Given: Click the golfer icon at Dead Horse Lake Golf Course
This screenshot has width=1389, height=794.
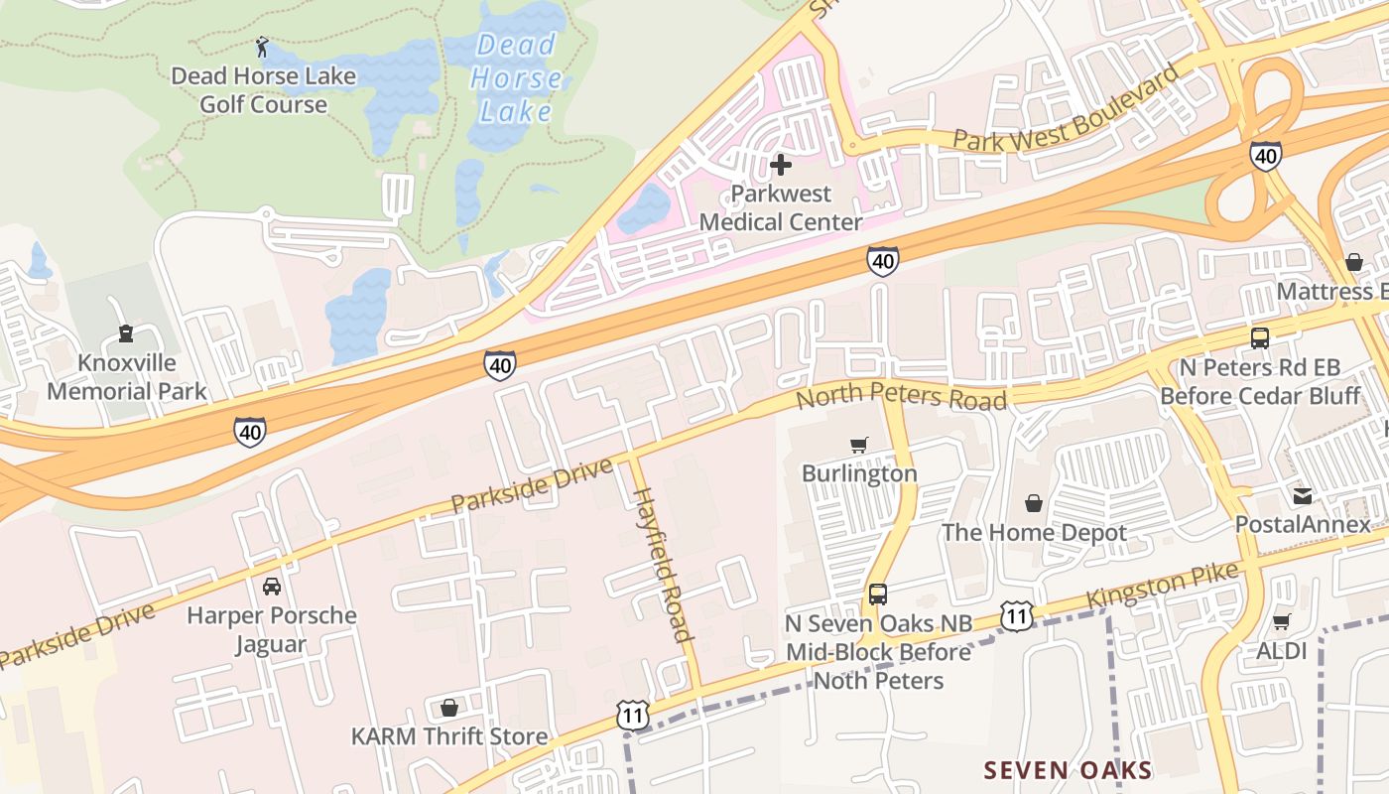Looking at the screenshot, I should pyautogui.click(x=262, y=46).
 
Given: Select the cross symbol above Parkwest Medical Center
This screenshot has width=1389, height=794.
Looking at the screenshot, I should pyautogui.click(x=781, y=164).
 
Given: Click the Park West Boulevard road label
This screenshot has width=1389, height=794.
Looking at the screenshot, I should pyautogui.click(x=1069, y=109).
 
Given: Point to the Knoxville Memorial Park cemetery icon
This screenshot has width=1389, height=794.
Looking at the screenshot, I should pyautogui.click(x=126, y=333).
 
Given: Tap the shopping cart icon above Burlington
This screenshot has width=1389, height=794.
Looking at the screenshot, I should pyautogui.click(x=859, y=445).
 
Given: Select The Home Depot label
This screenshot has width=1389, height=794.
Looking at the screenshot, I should pyautogui.click(x=1034, y=533).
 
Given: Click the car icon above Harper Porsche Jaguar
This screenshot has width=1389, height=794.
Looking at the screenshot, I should pyautogui.click(x=271, y=587).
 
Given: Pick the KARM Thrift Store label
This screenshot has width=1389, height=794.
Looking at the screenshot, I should pyautogui.click(x=449, y=736).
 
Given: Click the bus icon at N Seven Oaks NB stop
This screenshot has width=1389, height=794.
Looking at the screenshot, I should pyautogui.click(x=878, y=595).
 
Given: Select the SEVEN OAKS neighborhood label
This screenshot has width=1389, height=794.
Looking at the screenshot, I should pyautogui.click(x=1068, y=770).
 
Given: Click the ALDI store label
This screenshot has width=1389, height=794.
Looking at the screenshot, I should pyautogui.click(x=1281, y=651).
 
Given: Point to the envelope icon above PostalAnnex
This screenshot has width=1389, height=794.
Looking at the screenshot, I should pyautogui.click(x=1302, y=494).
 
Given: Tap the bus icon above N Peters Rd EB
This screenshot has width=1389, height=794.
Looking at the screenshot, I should pyautogui.click(x=1260, y=338).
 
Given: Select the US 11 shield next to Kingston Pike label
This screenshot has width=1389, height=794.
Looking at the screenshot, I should pyautogui.click(x=1015, y=615).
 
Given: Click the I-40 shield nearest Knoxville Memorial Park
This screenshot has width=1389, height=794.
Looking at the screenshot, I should pyautogui.click(x=250, y=432).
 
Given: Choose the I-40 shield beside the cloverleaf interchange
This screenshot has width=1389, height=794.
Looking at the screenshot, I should pyautogui.click(x=1265, y=155).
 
